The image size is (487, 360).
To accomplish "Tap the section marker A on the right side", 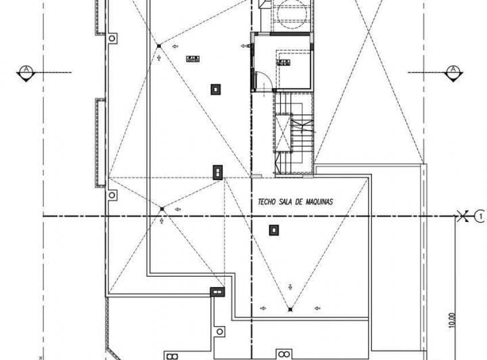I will [453, 70].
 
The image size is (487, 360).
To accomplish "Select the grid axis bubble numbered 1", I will [480, 217].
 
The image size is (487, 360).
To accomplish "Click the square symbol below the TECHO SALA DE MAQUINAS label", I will [273, 230].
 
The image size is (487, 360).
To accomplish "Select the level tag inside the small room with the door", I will [282, 62].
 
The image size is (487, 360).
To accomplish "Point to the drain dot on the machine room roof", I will [289, 309].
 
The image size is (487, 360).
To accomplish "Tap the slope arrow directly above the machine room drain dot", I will [289, 285].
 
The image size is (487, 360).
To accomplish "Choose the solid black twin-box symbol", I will [217, 292].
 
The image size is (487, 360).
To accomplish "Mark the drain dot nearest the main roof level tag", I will [159, 46].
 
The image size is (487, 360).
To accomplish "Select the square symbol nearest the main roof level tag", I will [215, 88].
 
